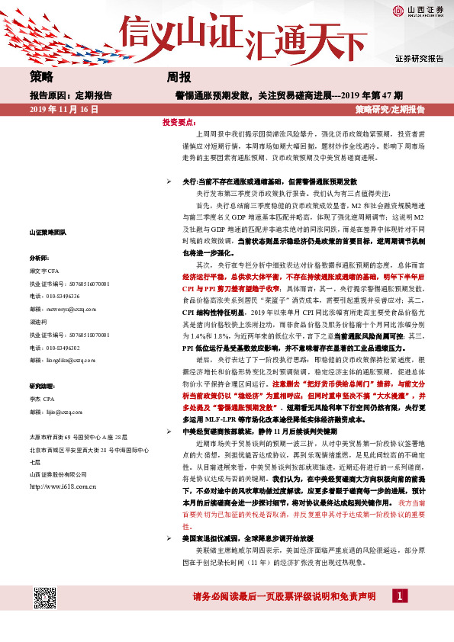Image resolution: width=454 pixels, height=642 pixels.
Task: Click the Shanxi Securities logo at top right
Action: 418,11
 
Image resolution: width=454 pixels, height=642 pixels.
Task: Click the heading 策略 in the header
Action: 42,77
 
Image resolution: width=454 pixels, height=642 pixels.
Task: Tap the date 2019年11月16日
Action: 65,110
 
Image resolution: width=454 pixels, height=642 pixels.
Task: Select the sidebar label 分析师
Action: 40,258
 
